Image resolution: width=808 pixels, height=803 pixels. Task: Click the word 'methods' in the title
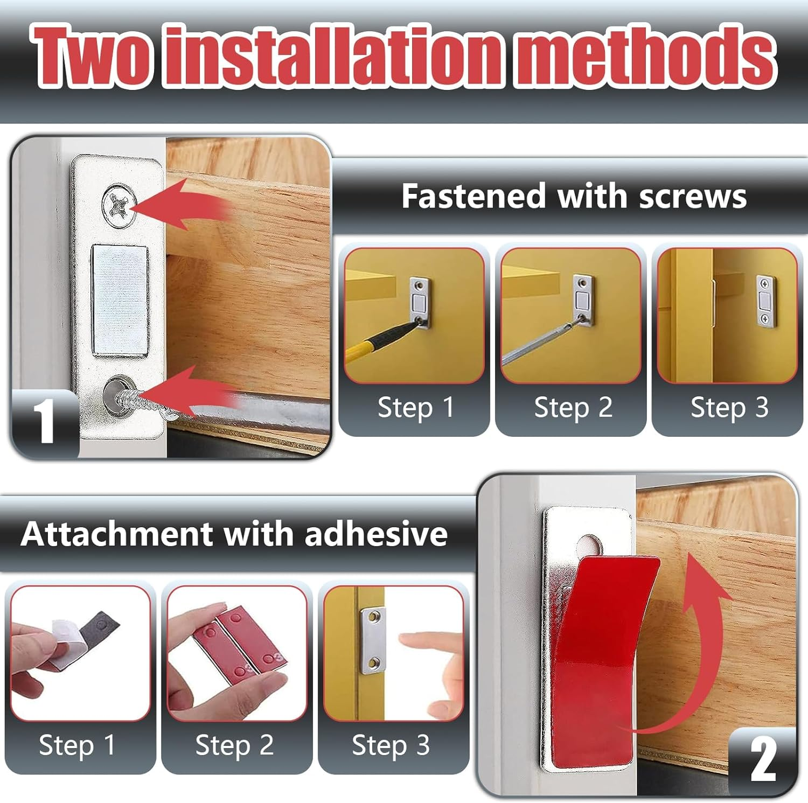tap(644, 57)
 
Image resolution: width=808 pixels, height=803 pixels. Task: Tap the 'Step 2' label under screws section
tap(573, 408)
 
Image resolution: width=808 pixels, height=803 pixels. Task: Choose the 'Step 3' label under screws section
tap(729, 408)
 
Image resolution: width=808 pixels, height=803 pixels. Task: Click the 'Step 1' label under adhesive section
tap(77, 745)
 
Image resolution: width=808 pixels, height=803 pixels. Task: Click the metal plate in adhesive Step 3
tap(373, 641)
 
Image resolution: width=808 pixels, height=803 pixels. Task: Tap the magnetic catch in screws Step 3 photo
tap(765, 302)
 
